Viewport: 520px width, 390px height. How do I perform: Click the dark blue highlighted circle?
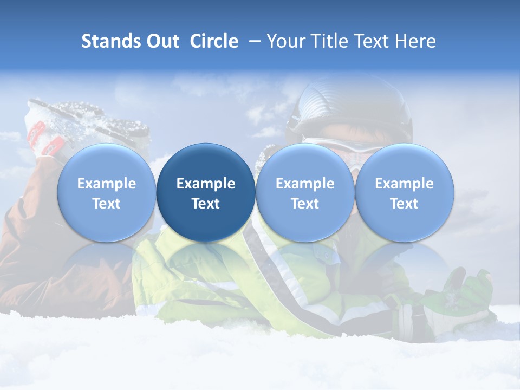tap(206, 192)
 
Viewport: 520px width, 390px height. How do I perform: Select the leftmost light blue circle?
tap(107, 192)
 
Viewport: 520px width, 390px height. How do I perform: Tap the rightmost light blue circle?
tap(404, 192)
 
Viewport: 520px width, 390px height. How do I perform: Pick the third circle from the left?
tap(305, 192)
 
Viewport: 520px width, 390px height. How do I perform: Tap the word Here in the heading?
tap(415, 41)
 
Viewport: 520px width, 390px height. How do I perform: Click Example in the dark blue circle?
tap(206, 184)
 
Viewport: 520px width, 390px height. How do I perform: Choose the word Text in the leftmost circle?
tap(107, 204)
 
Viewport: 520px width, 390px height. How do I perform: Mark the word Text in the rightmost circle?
tap(404, 204)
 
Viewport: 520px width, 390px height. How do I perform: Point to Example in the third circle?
tap(305, 184)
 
